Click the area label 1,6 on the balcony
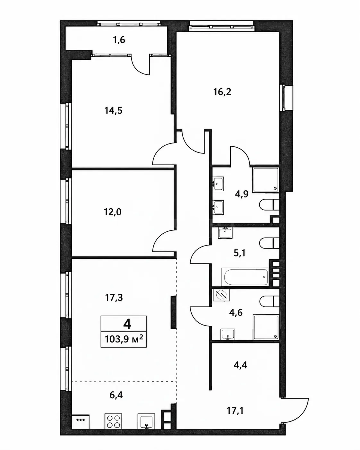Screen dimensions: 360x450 (119, 40)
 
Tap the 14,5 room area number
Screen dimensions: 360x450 (113, 110)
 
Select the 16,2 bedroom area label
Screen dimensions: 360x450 (222, 92)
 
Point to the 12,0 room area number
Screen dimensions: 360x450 (113, 212)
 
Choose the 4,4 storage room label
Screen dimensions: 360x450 (240, 365)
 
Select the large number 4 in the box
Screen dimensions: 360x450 (127, 325)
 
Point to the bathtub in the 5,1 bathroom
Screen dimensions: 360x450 (245, 277)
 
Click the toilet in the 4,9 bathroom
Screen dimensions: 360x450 (269, 204)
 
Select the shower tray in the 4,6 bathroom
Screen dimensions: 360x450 (266, 327)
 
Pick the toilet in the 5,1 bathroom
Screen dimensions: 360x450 (269, 243)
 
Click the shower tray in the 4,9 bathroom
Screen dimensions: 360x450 (266, 180)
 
